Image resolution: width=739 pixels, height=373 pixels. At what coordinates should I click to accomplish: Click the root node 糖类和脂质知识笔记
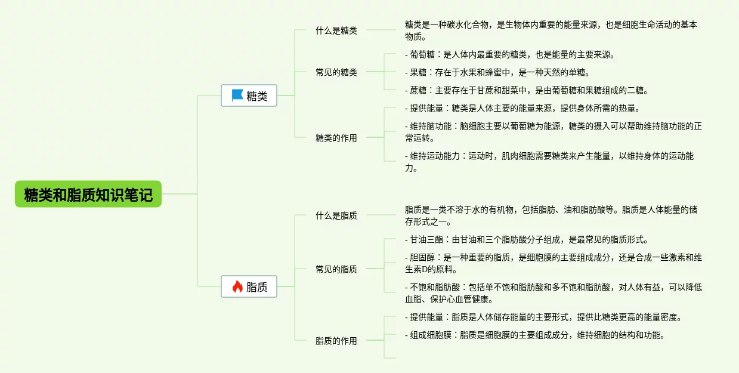(x=88, y=195)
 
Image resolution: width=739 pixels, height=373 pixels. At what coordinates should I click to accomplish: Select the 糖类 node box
(x=249, y=95)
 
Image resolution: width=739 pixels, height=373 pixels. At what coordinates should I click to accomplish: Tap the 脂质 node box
(x=249, y=287)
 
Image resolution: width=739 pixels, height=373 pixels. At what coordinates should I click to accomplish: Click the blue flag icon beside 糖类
(x=237, y=95)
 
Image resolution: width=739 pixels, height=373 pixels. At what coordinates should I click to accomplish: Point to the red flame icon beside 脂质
(x=237, y=287)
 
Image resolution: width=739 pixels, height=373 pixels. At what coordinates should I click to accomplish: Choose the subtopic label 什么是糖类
(x=336, y=30)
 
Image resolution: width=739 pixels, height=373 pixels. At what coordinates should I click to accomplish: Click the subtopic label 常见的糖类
(x=336, y=72)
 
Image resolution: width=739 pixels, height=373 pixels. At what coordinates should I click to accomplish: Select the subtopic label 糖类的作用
(x=336, y=138)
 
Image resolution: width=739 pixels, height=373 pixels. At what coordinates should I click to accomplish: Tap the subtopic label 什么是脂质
(x=336, y=215)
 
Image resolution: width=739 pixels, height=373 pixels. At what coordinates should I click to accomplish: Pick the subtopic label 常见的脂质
(x=336, y=269)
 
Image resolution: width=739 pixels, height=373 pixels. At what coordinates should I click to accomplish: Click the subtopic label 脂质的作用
(x=336, y=341)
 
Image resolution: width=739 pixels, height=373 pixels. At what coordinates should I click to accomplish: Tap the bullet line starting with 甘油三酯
(x=527, y=240)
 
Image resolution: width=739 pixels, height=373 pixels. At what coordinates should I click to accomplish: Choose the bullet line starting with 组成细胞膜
(x=534, y=335)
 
